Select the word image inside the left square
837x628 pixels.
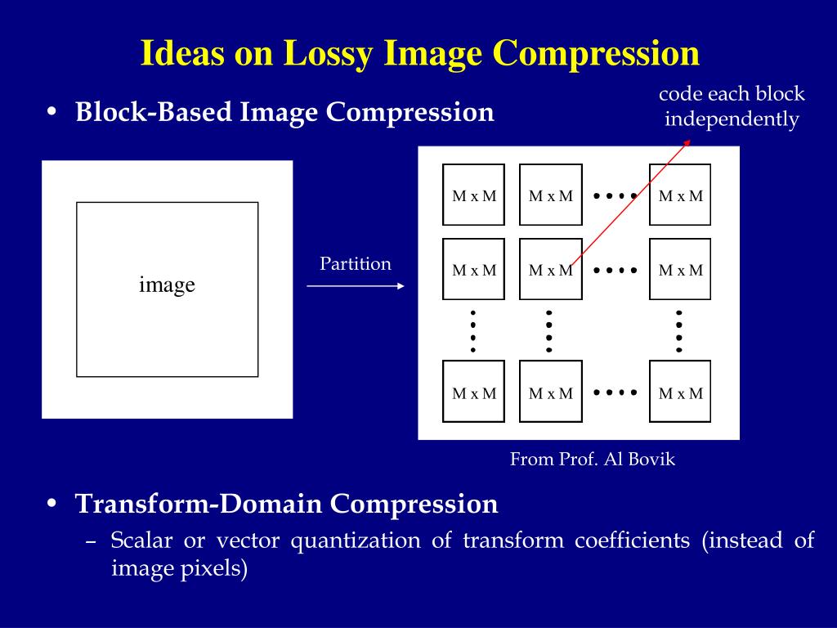pos(167,285)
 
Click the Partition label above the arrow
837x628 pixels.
pos(356,264)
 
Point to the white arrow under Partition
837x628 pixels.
pos(356,286)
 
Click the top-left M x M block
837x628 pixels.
pos(474,195)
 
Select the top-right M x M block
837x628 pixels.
pos(680,195)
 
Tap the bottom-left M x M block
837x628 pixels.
pos(474,392)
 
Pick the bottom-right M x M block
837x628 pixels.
pos(680,392)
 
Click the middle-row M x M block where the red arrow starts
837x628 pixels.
pos(550,270)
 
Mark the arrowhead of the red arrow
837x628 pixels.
pos(687,141)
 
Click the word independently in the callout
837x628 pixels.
pos(732,119)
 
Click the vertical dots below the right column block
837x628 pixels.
pos(679,331)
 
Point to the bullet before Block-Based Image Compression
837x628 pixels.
pos(51,113)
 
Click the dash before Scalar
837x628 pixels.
pos(92,541)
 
